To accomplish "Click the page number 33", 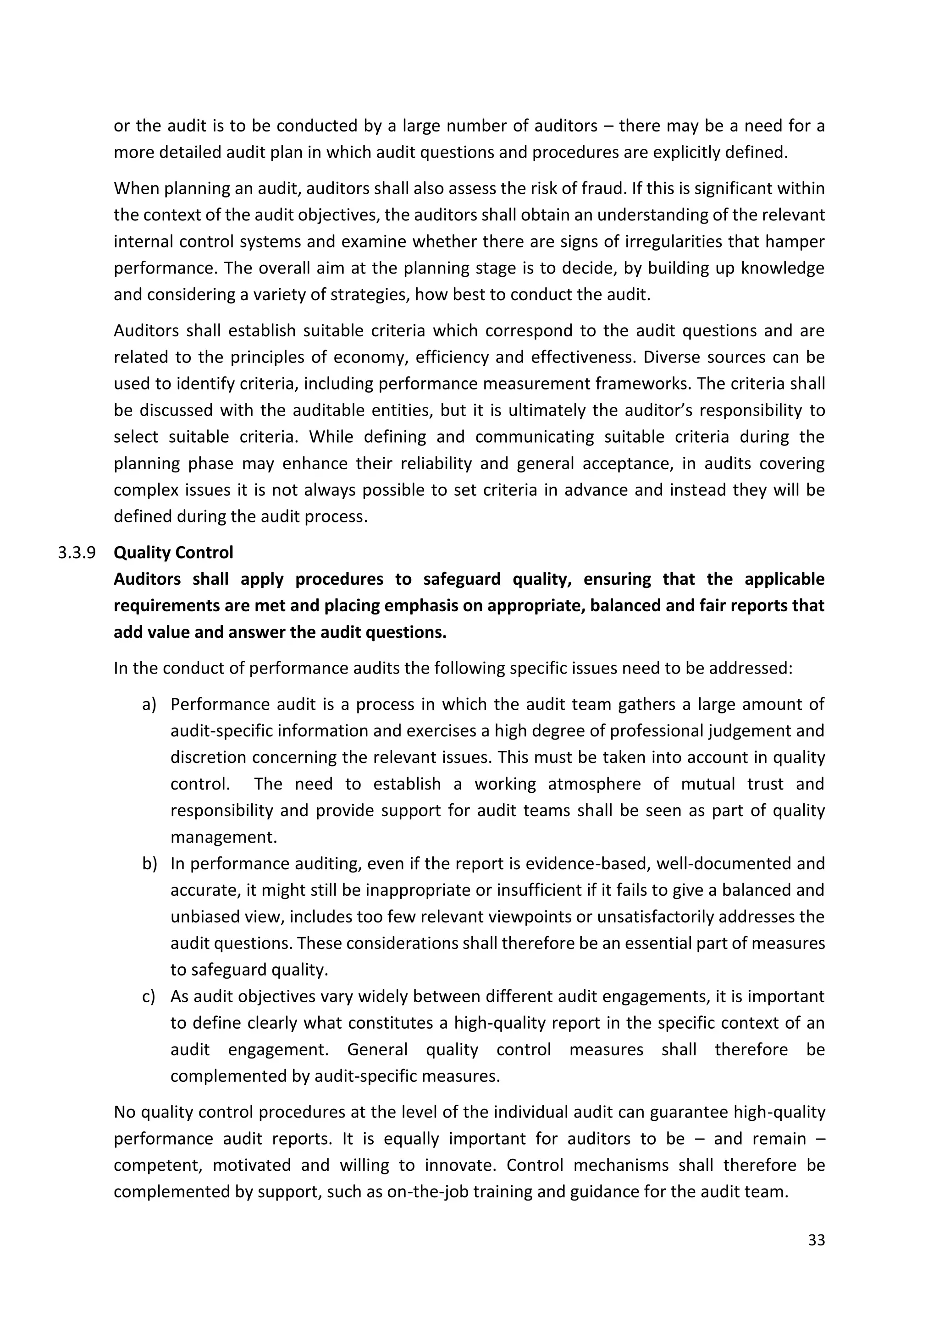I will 816,1240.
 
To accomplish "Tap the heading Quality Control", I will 173,553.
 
